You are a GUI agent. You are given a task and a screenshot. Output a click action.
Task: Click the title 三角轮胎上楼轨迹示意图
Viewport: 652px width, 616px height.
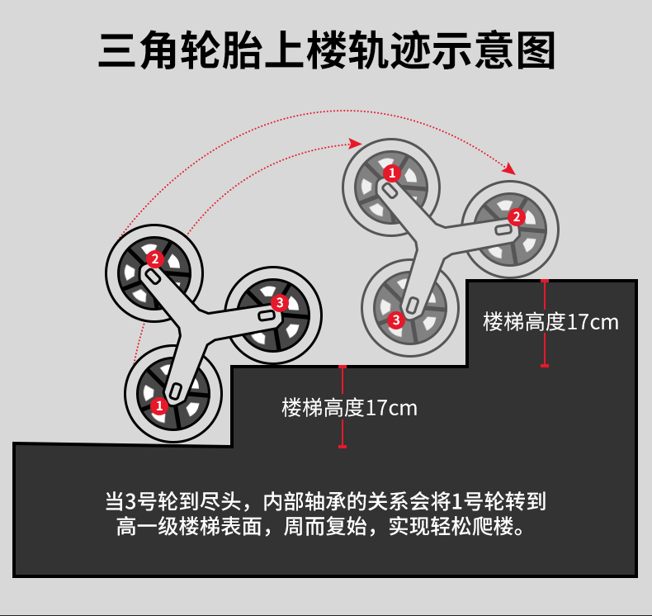click(x=326, y=50)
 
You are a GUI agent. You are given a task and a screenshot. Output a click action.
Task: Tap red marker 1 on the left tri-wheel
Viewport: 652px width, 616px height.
click(x=159, y=405)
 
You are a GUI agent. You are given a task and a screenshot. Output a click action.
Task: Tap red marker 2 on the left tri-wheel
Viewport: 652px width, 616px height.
click(x=154, y=258)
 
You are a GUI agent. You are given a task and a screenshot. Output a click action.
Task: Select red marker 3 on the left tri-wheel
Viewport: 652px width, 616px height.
click(x=279, y=303)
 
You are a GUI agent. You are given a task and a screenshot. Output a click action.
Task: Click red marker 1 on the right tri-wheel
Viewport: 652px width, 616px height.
click(x=392, y=173)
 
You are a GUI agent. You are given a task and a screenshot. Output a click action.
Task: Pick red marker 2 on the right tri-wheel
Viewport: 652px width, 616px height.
click(x=517, y=217)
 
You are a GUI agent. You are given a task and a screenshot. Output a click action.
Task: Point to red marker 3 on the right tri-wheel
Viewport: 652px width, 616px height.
click(x=396, y=320)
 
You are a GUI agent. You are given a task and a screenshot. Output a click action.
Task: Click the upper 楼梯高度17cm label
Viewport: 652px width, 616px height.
click(x=550, y=322)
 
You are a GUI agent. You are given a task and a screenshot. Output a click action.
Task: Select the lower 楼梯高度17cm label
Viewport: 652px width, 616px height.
click(x=350, y=408)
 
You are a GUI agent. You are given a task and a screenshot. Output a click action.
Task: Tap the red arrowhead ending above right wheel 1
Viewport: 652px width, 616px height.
click(x=356, y=144)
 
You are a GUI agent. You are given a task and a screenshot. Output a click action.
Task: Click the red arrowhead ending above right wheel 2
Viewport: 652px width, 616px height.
click(x=508, y=168)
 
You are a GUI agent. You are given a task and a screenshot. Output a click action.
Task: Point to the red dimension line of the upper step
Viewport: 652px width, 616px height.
click(x=545, y=323)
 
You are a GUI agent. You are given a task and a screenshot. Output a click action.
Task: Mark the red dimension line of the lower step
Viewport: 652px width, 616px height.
click(x=343, y=406)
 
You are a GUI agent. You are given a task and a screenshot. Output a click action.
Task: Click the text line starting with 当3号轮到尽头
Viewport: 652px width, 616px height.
click(x=325, y=501)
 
